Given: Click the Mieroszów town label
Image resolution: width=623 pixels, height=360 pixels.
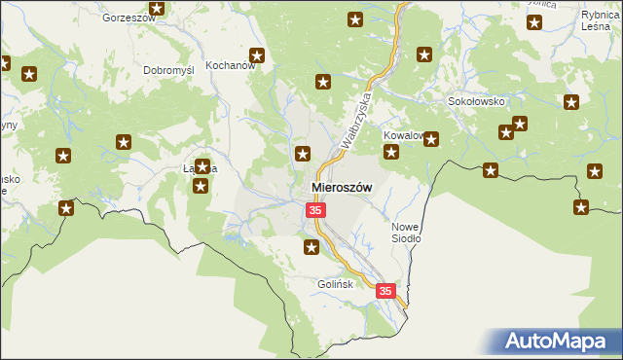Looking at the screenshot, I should pyautogui.click(x=343, y=187).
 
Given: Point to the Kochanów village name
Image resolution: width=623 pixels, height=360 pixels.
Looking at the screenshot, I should pyautogui.click(x=230, y=67).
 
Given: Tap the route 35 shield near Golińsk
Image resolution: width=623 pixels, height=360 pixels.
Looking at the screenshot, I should pyautogui.click(x=386, y=291).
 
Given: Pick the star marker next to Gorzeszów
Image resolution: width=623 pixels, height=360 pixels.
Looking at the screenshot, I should pyautogui.click(x=158, y=9).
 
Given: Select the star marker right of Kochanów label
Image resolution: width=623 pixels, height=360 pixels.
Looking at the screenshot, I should pyautogui.click(x=258, y=55).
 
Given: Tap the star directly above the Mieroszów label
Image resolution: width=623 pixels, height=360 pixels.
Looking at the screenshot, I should pyautogui.click(x=304, y=153).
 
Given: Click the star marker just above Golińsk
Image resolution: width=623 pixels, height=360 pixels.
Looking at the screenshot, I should pyautogui.click(x=311, y=248).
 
